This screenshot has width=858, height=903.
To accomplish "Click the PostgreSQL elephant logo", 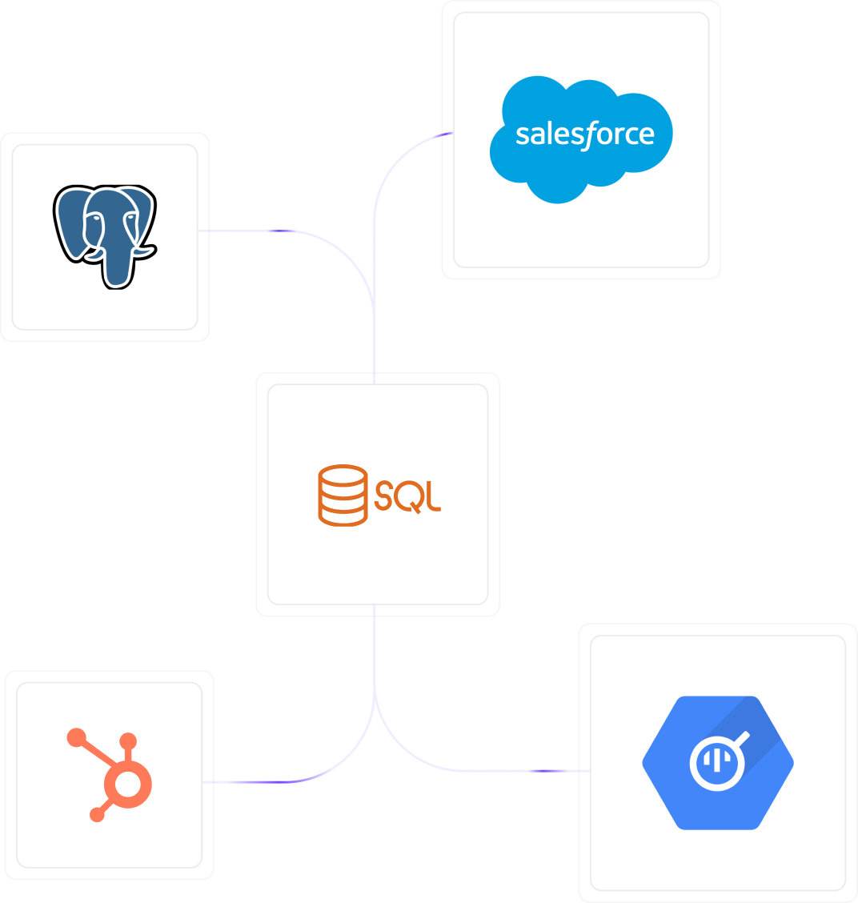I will point(104,235).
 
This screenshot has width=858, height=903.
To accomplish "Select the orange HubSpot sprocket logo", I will point(111,775).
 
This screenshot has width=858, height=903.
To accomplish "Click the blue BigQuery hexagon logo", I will point(718,763).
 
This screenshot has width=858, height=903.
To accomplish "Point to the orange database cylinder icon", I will point(343,495).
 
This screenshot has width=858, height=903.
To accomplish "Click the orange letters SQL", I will point(408,496).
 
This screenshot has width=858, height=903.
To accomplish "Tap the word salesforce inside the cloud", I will point(584,134).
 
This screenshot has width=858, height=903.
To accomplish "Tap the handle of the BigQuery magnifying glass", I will point(743,738).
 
